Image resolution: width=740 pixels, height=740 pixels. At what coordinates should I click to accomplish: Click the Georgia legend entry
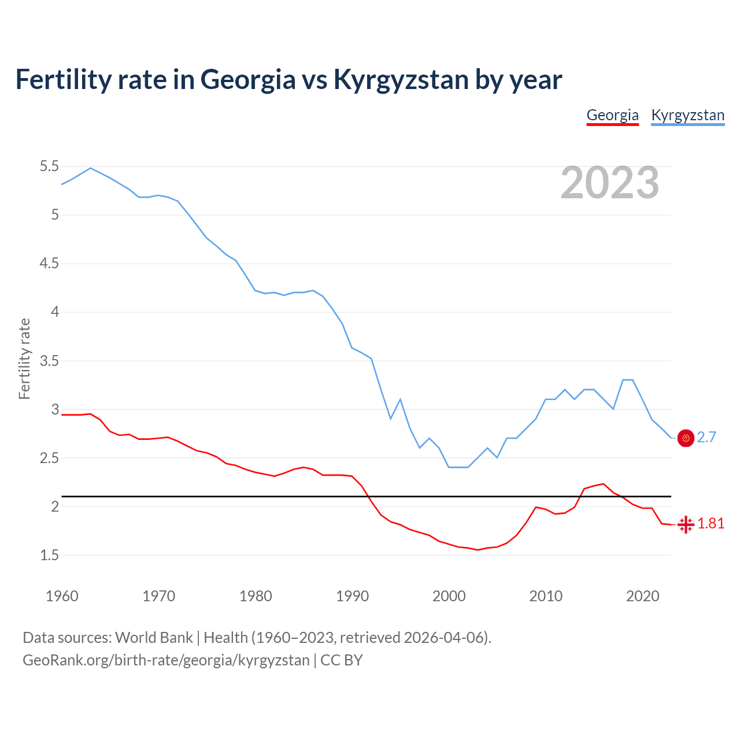[612, 115]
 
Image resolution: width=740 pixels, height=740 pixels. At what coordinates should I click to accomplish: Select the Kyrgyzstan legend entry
[687, 115]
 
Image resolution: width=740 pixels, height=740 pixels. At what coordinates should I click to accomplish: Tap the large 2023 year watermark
[610, 183]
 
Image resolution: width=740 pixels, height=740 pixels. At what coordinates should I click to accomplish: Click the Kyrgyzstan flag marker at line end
[686, 438]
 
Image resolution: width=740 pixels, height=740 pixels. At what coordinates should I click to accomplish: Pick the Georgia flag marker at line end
[686, 524]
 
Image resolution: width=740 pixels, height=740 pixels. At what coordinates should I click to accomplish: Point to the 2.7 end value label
[706, 438]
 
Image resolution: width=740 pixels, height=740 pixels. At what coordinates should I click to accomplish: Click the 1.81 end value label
[711, 524]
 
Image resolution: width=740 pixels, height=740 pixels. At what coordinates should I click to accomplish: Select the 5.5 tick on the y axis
[49, 166]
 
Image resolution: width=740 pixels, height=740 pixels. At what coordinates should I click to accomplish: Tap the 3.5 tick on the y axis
[49, 361]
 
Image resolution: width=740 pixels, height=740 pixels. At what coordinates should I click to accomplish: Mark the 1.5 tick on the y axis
[49, 556]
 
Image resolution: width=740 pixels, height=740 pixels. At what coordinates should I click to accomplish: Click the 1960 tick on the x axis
[62, 596]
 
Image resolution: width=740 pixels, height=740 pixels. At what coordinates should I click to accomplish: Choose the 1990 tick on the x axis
[352, 596]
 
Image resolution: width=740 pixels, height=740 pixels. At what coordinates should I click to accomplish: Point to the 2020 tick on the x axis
[642, 596]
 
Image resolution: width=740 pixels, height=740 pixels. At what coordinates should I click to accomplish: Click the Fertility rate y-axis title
[24, 358]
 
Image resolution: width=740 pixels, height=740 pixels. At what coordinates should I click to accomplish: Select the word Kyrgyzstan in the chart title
[401, 80]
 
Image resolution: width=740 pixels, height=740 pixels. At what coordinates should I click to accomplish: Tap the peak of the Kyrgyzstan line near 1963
[90, 168]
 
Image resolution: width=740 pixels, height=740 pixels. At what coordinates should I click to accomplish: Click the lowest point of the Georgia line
[478, 550]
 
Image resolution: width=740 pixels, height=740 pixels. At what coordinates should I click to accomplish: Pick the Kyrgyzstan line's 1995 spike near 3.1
[400, 399]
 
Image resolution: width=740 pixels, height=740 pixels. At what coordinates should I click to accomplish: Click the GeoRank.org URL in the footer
[166, 660]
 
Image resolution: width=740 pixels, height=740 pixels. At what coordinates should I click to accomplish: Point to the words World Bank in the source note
[154, 638]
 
